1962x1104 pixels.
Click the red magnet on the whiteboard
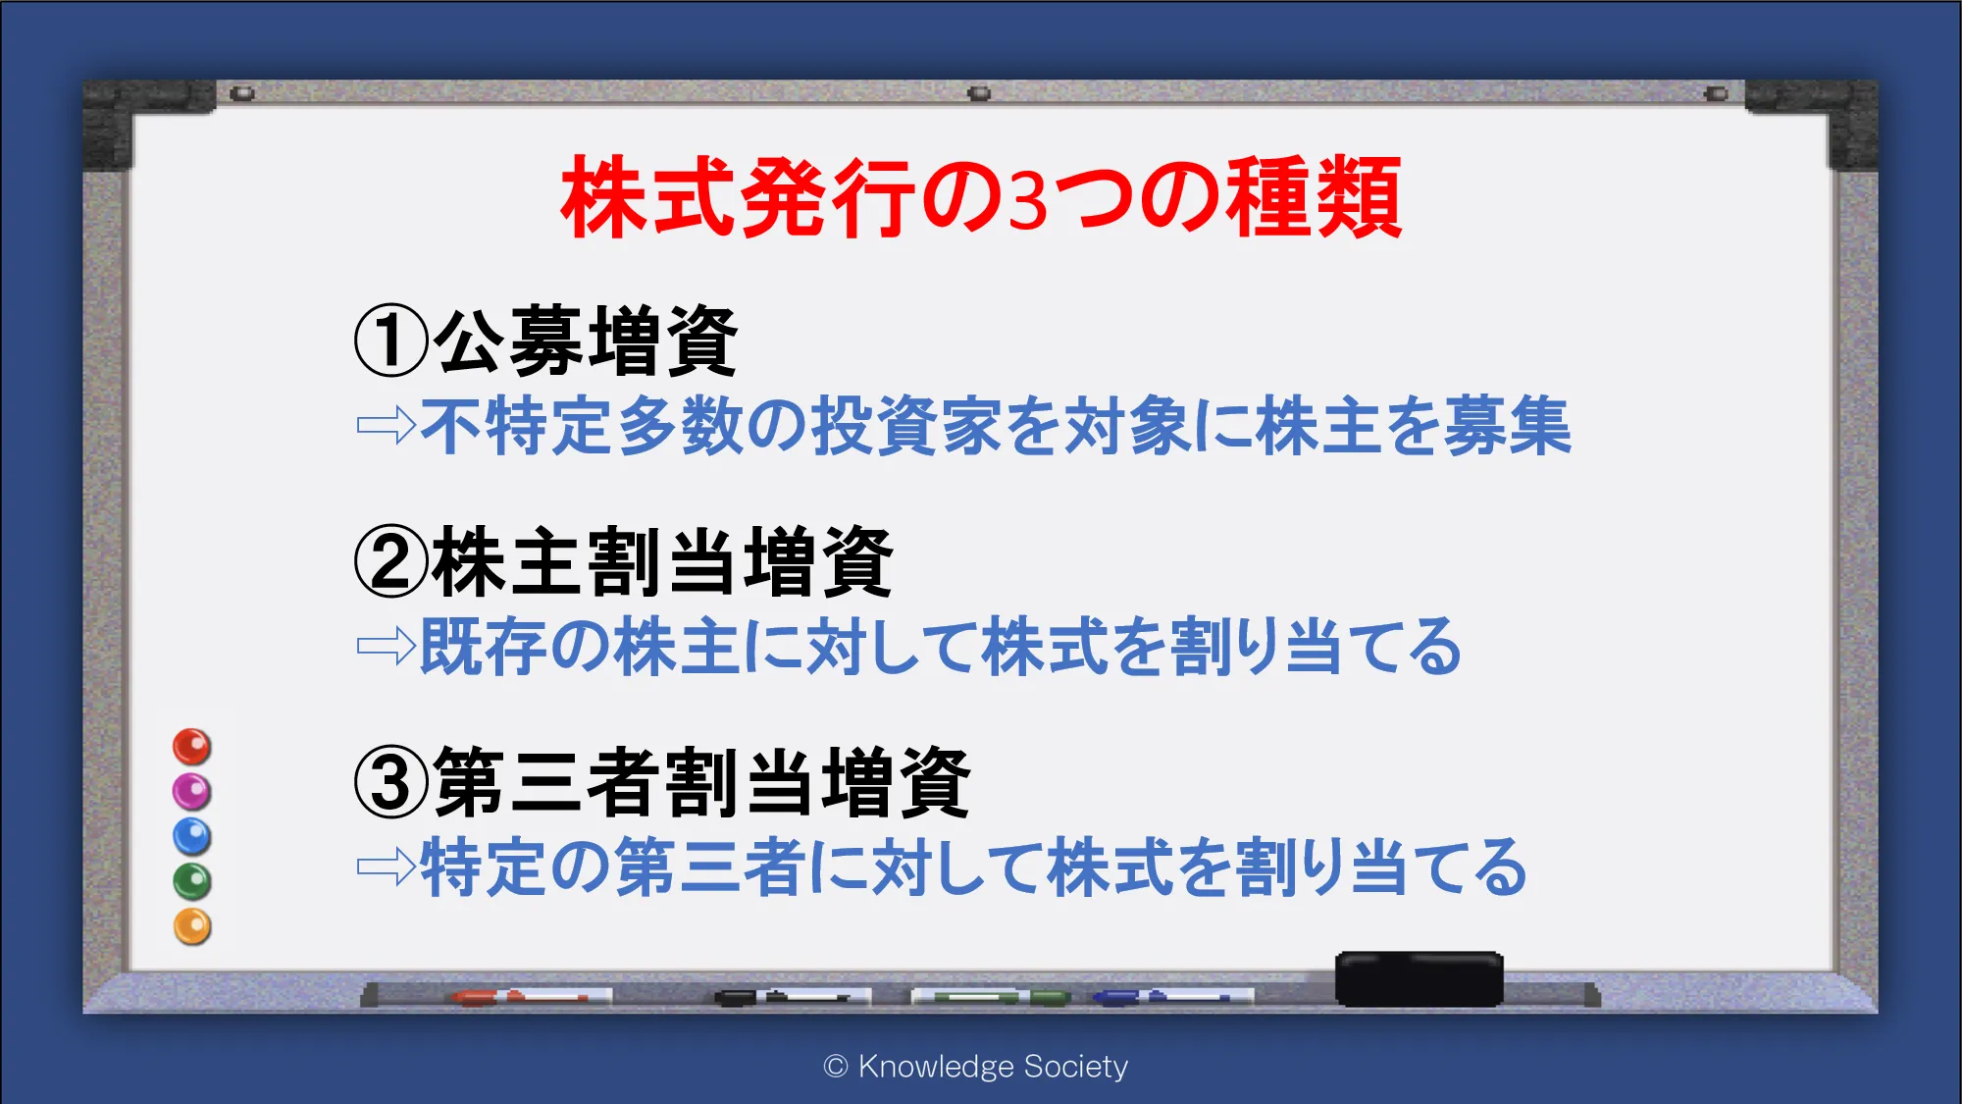pos(192,747)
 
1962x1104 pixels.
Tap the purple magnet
pos(192,791)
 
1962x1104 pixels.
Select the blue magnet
pos(192,836)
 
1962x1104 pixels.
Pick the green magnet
pos(192,881)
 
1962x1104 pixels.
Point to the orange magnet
pos(192,926)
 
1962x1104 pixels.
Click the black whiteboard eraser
pos(1420,978)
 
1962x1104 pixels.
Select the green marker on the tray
pos(991,997)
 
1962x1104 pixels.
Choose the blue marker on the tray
pos(1173,997)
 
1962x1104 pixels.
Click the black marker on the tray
pos(793,997)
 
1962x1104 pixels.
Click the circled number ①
pos(391,341)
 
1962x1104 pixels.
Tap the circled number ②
pos(391,561)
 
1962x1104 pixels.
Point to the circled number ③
pos(391,782)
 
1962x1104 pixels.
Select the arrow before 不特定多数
pos(387,426)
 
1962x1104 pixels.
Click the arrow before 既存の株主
pos(387,646)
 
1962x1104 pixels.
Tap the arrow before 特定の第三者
pos(387,867)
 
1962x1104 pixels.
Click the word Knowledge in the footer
pos(936,1067)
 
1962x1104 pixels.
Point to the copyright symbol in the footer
pos(836,1067)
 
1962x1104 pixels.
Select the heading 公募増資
pos(586,341)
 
